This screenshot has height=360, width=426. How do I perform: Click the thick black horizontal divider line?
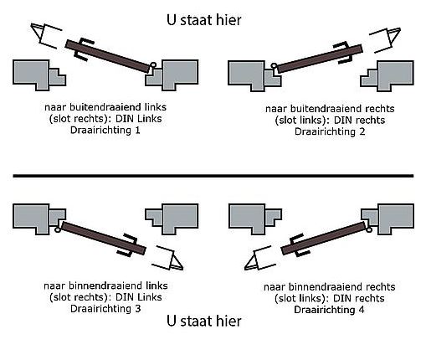[213, 177]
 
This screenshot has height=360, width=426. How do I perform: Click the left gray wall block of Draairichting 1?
[38, 73]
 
